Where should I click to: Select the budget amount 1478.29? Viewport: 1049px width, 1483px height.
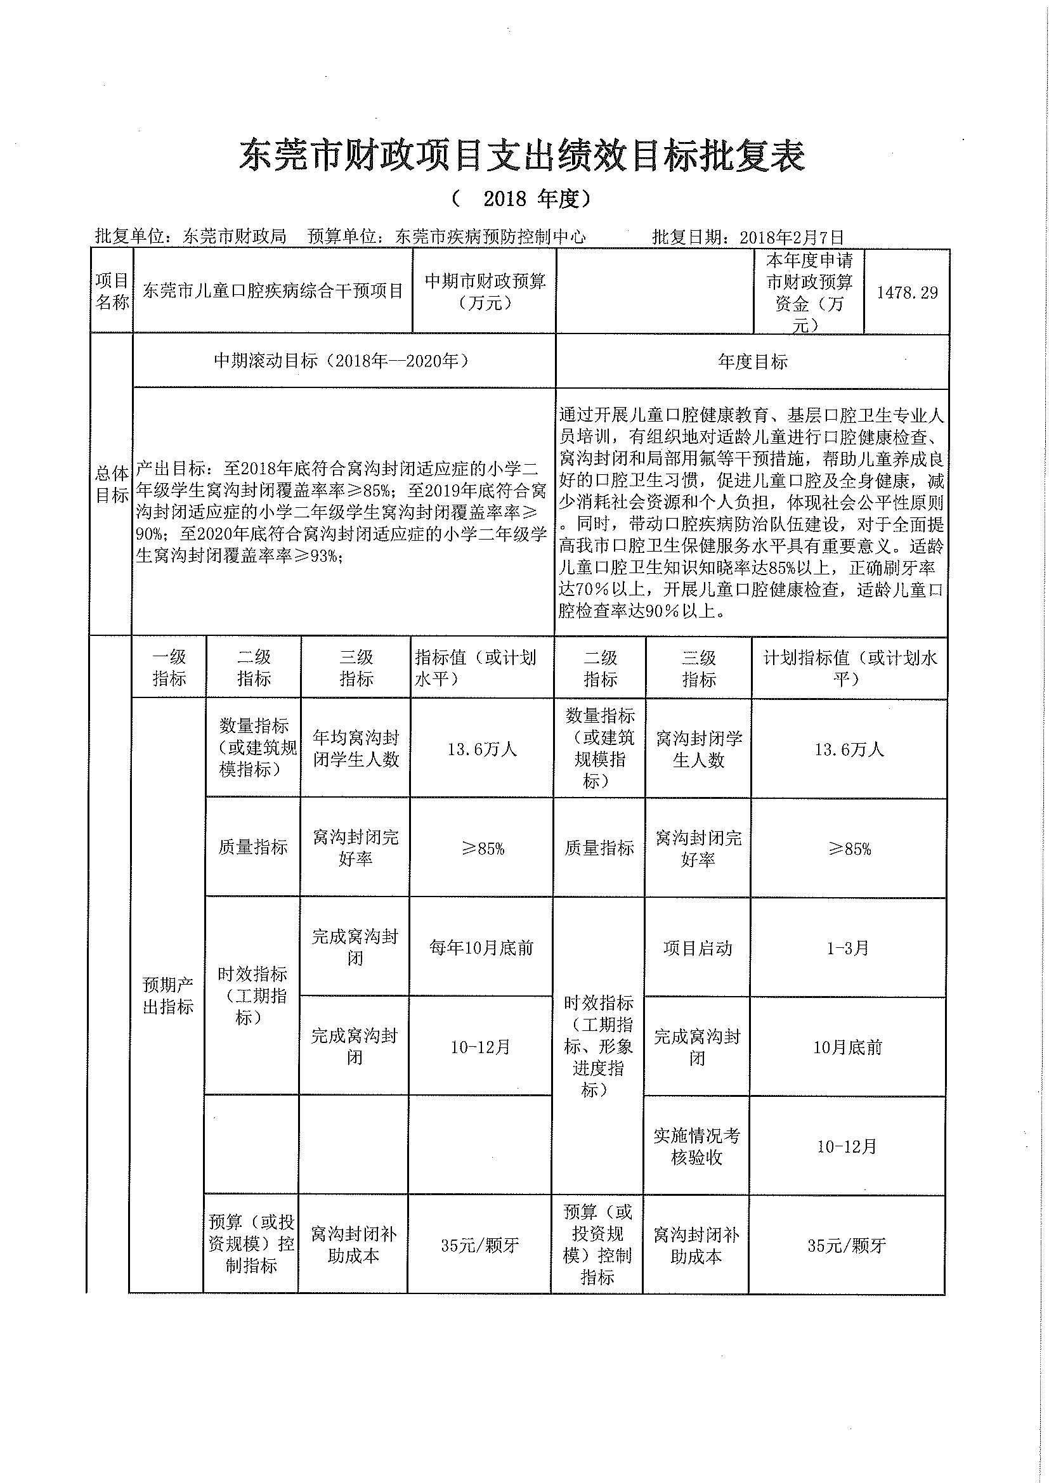point(907,292)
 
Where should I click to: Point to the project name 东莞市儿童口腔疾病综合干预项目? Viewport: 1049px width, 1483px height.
point(273,291)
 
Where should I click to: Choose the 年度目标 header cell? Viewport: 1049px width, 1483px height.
point(753,361)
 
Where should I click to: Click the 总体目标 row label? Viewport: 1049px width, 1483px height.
point(111,484)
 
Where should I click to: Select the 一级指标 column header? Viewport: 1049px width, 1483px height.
point(169,668)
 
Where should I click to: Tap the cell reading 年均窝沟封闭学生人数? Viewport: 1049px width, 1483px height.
point(356,749)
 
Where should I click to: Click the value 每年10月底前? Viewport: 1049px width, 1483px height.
point(481,947)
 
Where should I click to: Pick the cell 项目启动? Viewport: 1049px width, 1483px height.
point(698,948)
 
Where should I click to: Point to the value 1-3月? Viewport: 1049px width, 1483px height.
point(848,948)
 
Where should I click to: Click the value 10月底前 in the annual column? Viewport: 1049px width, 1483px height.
point(847,1047)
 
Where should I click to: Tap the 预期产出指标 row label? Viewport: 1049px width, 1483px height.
point(168,995)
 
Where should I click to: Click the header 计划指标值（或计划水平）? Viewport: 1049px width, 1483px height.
point(849,668)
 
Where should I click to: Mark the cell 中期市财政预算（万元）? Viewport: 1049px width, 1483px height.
point(485,291)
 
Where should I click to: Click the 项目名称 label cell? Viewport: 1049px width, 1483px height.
point(112,291)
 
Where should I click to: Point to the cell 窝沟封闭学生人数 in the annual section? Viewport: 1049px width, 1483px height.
point(698,749)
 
